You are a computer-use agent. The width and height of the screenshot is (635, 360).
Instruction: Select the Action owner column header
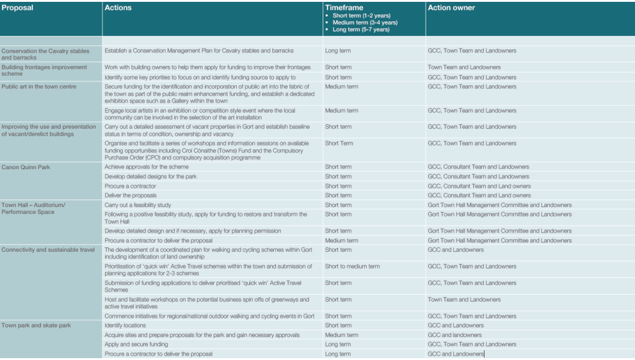coord(451,8)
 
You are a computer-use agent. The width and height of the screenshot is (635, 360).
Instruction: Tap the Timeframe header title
coord(344,8)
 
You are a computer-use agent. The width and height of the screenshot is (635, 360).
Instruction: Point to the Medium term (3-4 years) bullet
coord(365,22)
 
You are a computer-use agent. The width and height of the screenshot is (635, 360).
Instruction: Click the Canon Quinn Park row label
coord(26,167)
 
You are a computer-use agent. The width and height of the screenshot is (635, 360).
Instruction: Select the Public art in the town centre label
coord(39,87)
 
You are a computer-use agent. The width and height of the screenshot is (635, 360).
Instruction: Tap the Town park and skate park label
coord(36,325)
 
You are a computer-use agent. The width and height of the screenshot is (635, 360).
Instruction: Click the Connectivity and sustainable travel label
coord(48,250)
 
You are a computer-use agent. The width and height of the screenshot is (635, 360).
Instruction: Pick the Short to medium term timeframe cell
coord(352,267)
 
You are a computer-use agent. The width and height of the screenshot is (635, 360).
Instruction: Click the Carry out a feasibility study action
coord(138,205)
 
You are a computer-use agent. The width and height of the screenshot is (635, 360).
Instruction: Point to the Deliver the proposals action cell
coord(132,195)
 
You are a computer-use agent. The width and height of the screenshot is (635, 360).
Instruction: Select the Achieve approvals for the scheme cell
coord(147,167)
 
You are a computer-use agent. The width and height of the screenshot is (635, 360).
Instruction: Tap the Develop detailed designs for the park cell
coord(152,177)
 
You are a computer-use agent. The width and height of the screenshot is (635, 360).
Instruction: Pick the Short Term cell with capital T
coord(339,144)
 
